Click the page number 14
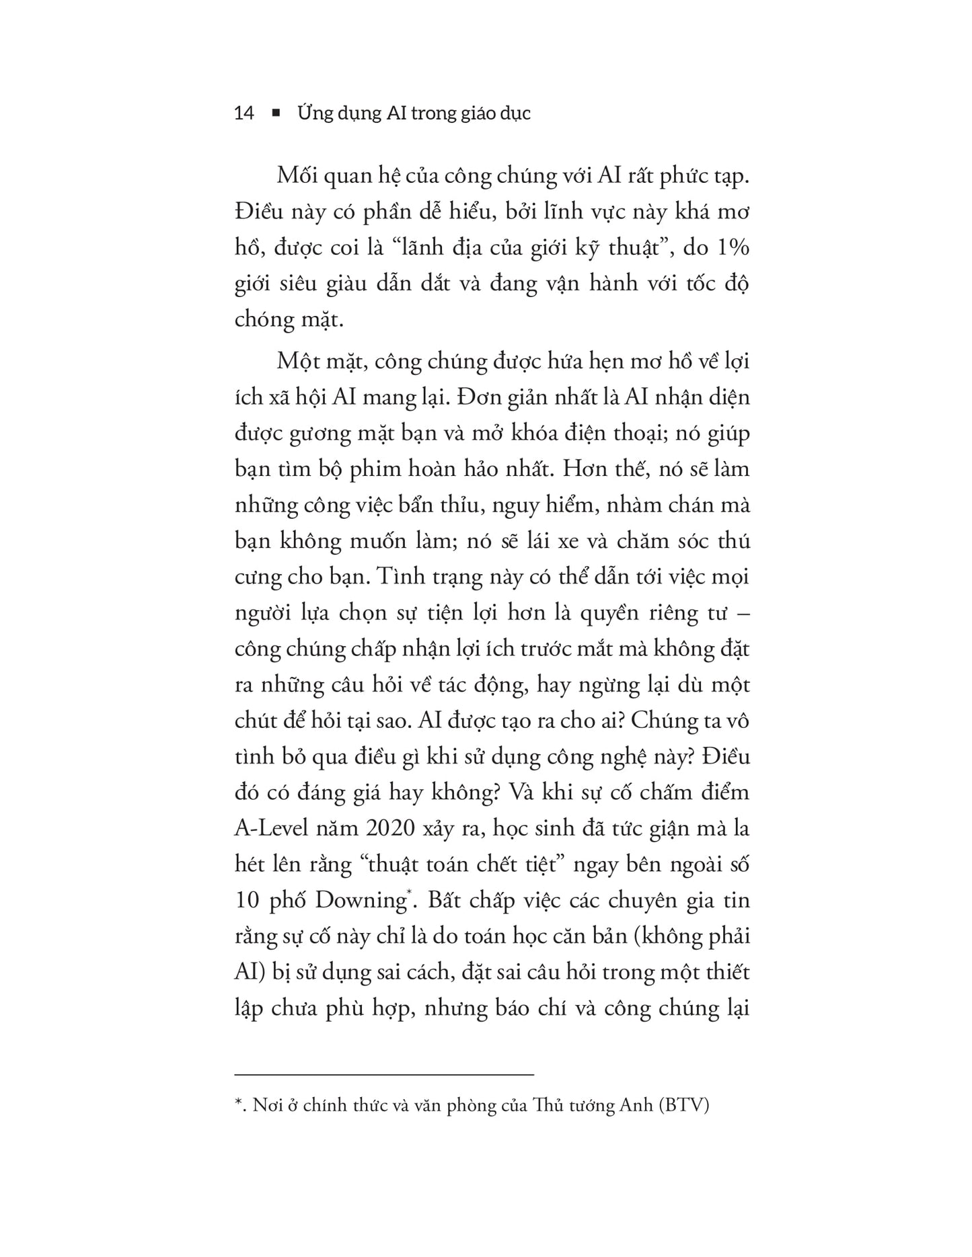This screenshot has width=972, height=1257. point(244,113)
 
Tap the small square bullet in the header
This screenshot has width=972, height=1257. point(275,114)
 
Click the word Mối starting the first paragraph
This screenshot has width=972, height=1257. point(297,176)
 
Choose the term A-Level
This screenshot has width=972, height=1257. point(278,827)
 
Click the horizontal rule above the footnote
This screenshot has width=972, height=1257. point(384,1075)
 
